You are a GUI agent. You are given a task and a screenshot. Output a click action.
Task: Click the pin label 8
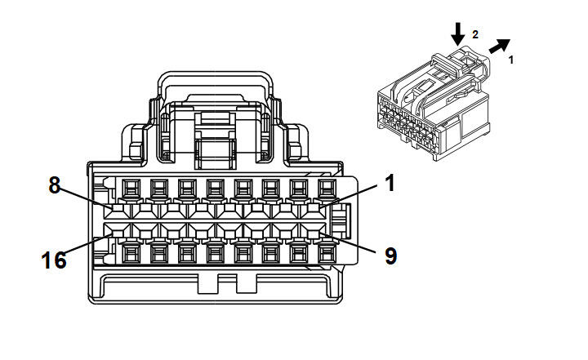tap(55, 185)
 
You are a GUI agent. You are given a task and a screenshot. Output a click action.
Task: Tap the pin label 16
tap(53, 260)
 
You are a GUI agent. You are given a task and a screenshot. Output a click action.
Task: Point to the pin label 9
tap(390, 256)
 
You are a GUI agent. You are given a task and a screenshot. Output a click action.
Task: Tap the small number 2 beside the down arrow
tap(474, 35)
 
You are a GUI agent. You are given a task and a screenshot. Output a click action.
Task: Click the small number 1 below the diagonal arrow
tap(512, 60)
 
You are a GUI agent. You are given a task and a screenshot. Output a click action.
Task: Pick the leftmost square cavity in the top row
tap(129, 189)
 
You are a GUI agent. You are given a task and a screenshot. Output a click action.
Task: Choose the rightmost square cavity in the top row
tap(327, 189)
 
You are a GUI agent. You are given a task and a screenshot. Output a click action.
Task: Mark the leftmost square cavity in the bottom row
tap(129, 254)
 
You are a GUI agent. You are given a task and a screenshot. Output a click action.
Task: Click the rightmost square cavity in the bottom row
tap(327, 254)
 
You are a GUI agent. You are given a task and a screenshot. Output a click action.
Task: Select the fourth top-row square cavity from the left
tap(214, 189)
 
